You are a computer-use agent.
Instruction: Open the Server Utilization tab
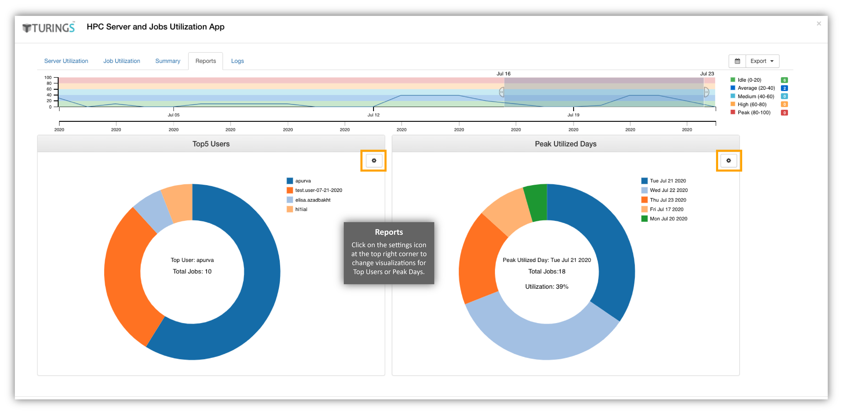66,61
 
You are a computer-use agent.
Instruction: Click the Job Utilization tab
122,61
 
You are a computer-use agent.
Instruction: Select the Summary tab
167,61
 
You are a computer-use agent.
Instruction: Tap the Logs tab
237,61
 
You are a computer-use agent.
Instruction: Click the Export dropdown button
762,61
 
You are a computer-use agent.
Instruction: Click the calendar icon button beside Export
737,61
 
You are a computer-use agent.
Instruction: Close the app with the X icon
819,24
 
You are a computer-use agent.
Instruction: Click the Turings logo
49,28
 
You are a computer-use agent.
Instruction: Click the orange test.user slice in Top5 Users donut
131,279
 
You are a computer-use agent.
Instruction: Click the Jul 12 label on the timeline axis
373,115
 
